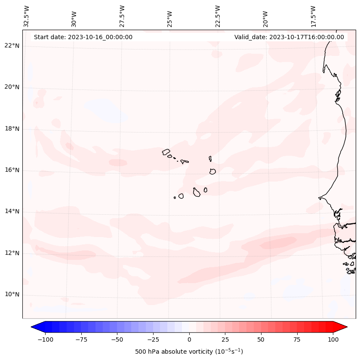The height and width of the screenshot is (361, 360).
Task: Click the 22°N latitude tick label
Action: click(12, 46)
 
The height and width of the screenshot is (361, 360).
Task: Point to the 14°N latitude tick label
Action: click(12, 211)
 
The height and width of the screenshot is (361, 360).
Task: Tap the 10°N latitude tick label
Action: click(12, 294)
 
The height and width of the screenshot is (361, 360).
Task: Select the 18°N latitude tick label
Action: click(12, 129)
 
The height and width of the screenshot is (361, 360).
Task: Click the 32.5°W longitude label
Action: click(27, 16)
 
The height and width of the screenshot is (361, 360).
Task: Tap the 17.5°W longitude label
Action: click(313, 16)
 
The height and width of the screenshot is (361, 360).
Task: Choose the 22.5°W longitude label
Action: click(218, 16)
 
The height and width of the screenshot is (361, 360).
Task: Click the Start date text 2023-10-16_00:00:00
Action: click(83, 37)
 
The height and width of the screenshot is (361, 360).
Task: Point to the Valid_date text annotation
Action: click(289, 37)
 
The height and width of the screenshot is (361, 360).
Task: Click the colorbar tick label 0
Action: click(189, 339)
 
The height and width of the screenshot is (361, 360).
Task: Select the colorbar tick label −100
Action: click(45, 339)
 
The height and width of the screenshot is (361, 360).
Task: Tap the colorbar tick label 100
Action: click(333, 339)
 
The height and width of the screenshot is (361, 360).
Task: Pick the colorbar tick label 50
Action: click(261, 339)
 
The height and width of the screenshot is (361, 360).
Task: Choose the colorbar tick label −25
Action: click(153, 339)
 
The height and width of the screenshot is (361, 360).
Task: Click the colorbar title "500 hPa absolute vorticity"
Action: click(189, 352)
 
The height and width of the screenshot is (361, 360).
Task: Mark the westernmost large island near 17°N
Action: click(166, 151)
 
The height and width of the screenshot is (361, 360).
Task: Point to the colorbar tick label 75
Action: click(297, 339)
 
